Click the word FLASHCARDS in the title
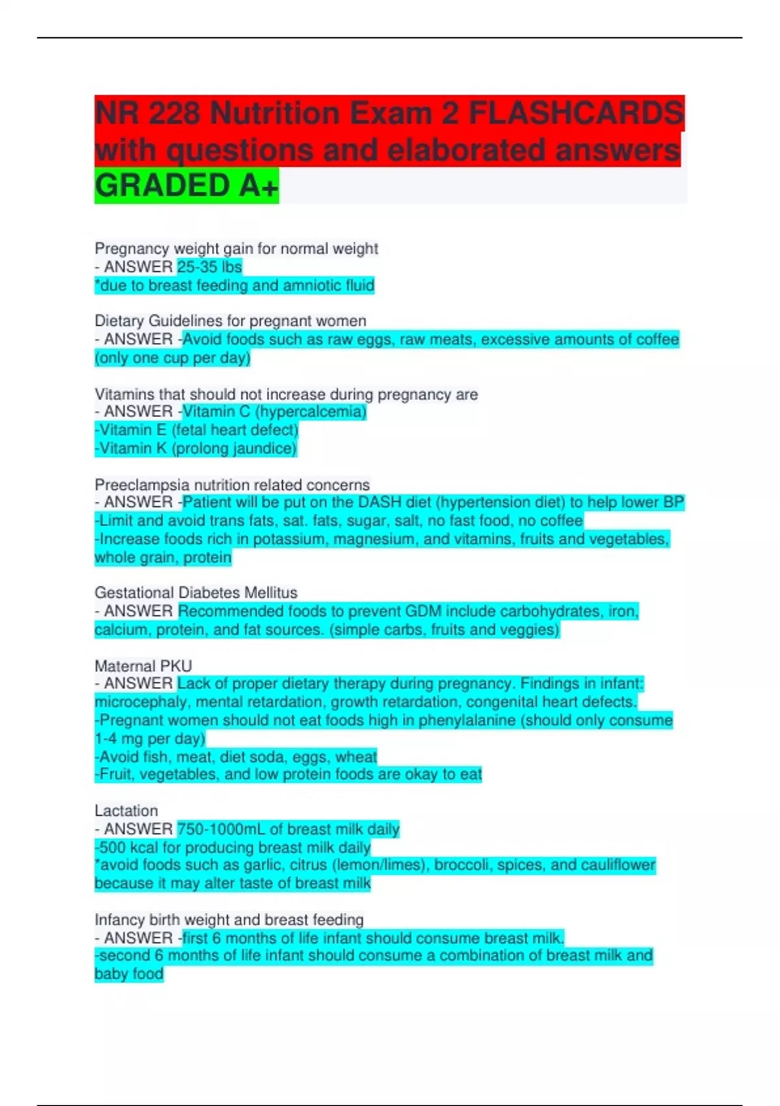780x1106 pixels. click(x=576, y=114)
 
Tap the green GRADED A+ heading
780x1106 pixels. click(x=187, y=186)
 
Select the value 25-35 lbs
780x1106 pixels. click(x=209, y=267)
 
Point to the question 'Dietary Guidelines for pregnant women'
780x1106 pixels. click(x=230, y=321)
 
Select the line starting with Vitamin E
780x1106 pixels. click(x=196, y=430)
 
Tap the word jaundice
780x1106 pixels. click(x=266, y=448)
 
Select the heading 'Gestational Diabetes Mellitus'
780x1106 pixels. click(x=196, y=593)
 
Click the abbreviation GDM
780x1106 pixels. click(x=423, y=612)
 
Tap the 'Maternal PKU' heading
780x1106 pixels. click(x=143, y=666)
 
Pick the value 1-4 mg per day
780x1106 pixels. click(x=149, y=739)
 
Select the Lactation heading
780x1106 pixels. click(x=126, y=811)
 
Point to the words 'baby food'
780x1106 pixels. click(x=129, y=974)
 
